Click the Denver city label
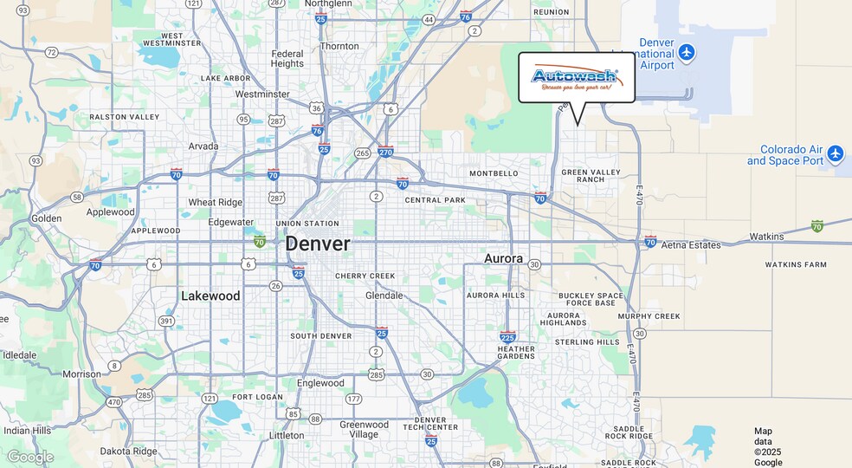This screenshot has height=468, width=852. pos(318,244)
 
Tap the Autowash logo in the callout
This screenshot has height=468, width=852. pos(576,77)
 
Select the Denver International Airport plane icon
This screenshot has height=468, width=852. pos(687,53)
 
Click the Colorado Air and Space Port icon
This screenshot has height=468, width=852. pos(835,154)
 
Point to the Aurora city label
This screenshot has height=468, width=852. pos(503,258)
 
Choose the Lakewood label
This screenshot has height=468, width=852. pos(210,296)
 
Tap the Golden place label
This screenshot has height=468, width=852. pos(47,218)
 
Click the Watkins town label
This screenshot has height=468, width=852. pos(766,236)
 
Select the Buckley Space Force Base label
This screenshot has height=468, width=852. pos(591,299)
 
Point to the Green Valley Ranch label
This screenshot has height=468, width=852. pos(591,176)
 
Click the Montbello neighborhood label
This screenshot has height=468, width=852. pos(494,173)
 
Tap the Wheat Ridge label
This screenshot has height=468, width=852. pos(216,203)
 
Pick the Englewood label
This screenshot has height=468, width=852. pos(320,383)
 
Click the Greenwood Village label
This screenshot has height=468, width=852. pos(364,430)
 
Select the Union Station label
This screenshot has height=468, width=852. pos(307,224)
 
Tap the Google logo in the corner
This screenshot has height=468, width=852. pos(30,457)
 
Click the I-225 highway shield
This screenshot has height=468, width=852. pos(508,336)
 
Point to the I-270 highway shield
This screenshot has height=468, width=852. pos(386,152)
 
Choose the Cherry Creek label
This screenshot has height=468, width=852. pos(365,276)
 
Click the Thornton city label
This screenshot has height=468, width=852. pos(339,46)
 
